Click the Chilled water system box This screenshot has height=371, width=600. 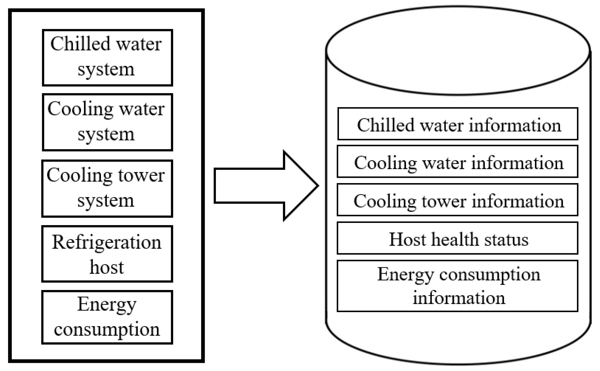[x=107, y=57]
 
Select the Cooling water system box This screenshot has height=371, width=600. [x=107, y=122]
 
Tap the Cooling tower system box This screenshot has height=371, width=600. [x=107, y=188]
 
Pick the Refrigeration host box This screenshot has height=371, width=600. [x=107, y=254]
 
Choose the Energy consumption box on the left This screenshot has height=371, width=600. [x=107, y=317]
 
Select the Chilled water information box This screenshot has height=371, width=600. [x=458, y=124]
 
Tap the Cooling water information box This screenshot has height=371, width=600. [x=458, y=162]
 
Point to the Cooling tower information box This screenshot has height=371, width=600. [x=458, y=200]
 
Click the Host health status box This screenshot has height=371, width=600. [x=458, y=238]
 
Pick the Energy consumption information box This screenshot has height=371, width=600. [x=458, y=286]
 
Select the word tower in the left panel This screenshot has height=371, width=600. [x=141, y=176]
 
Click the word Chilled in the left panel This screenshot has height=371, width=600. [x=80, y=44]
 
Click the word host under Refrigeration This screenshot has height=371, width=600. [x=107, y=267]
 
